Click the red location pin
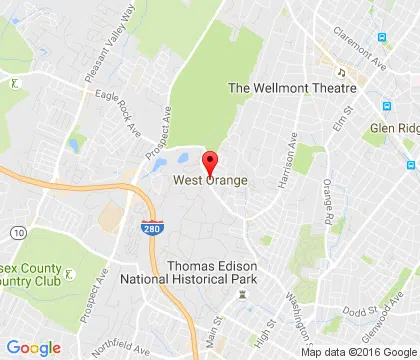(210, 162)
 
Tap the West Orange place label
(210, 181)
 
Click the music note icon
(341, 72)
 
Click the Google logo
(33, 347)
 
